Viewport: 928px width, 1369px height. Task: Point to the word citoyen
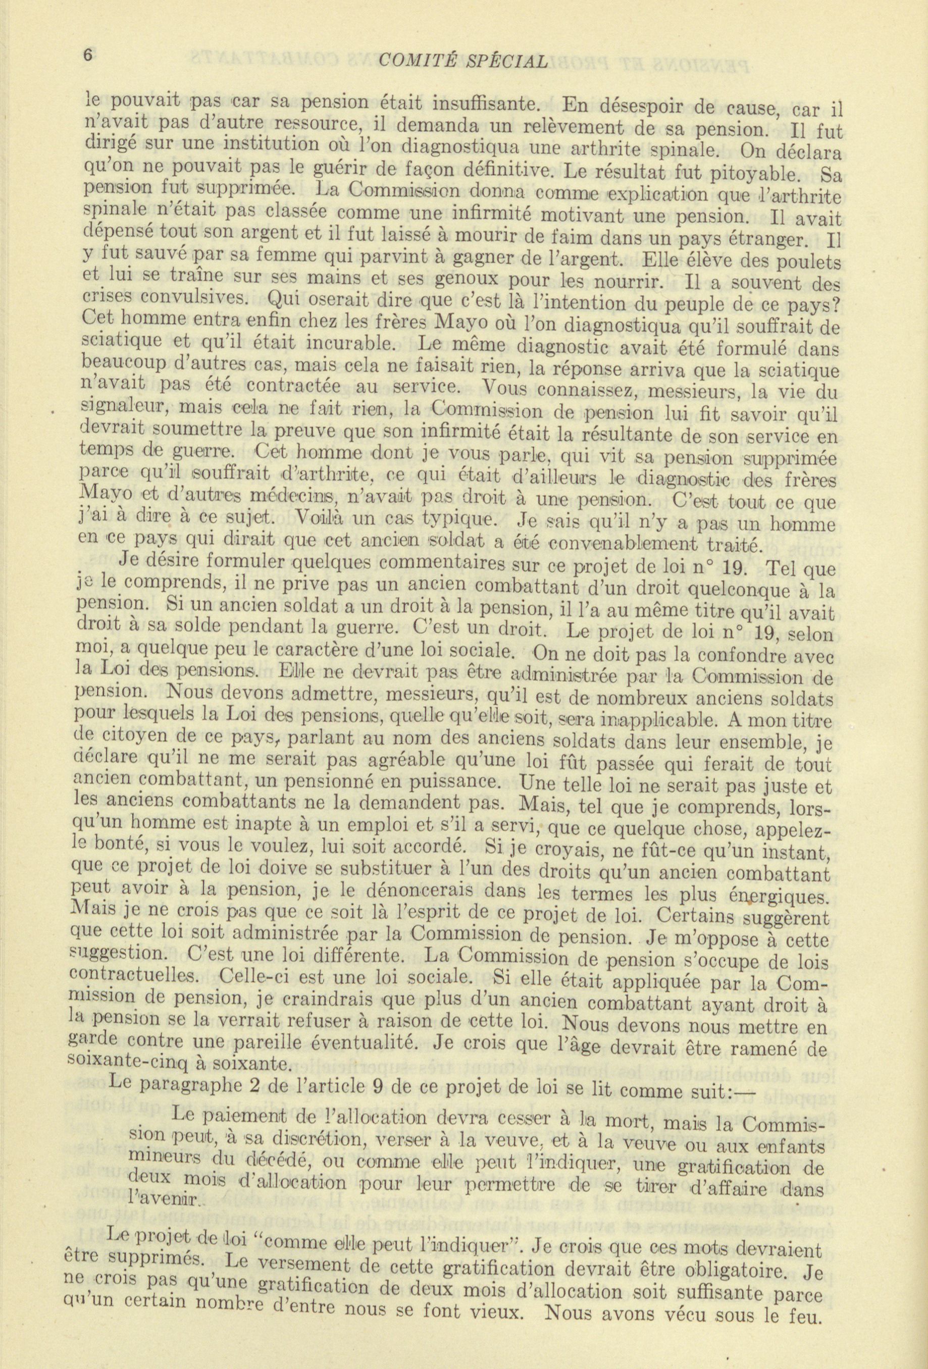141,739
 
